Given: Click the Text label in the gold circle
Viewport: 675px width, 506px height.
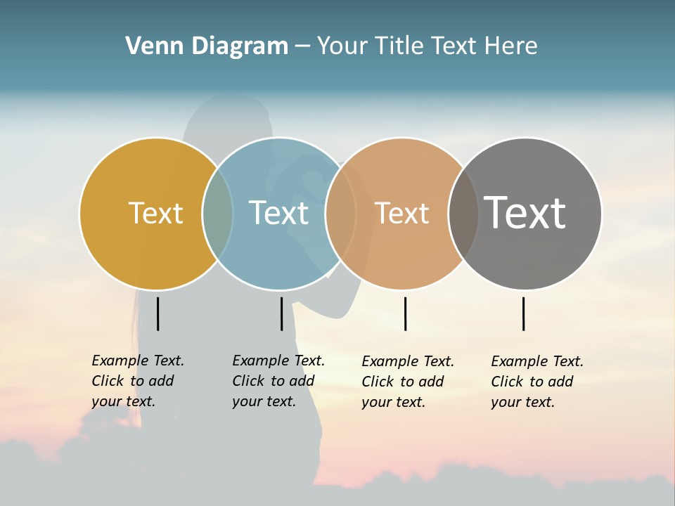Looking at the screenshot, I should tap(155, 213).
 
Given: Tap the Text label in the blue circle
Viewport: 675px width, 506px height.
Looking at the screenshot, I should tap(278, 213).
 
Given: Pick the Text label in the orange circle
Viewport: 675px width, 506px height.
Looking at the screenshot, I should tap(401, 213).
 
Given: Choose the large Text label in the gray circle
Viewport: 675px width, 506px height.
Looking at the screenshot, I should tap(525, 213).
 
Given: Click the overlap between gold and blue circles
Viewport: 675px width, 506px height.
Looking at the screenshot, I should tap(217, 213).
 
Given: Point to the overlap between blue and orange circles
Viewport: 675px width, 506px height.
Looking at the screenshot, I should tap(341, 213).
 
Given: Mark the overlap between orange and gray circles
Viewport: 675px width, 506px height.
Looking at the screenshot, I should tap(463, 213).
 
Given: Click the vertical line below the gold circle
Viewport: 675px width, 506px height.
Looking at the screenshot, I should tap(158, 313).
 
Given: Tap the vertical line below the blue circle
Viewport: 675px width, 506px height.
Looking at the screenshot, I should tap(281, 313).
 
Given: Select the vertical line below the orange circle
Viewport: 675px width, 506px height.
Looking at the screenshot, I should tap(405, 313).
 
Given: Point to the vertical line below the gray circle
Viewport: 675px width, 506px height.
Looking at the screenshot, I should tap(524, 313).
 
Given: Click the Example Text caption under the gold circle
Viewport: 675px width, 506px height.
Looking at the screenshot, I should tap(137, 381).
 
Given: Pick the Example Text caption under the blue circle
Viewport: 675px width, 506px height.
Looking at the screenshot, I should tap(278, 381).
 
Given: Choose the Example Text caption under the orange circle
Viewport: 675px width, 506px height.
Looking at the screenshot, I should tap(407, 382).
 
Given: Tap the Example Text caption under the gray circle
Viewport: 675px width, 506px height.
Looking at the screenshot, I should tap(536, 382).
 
